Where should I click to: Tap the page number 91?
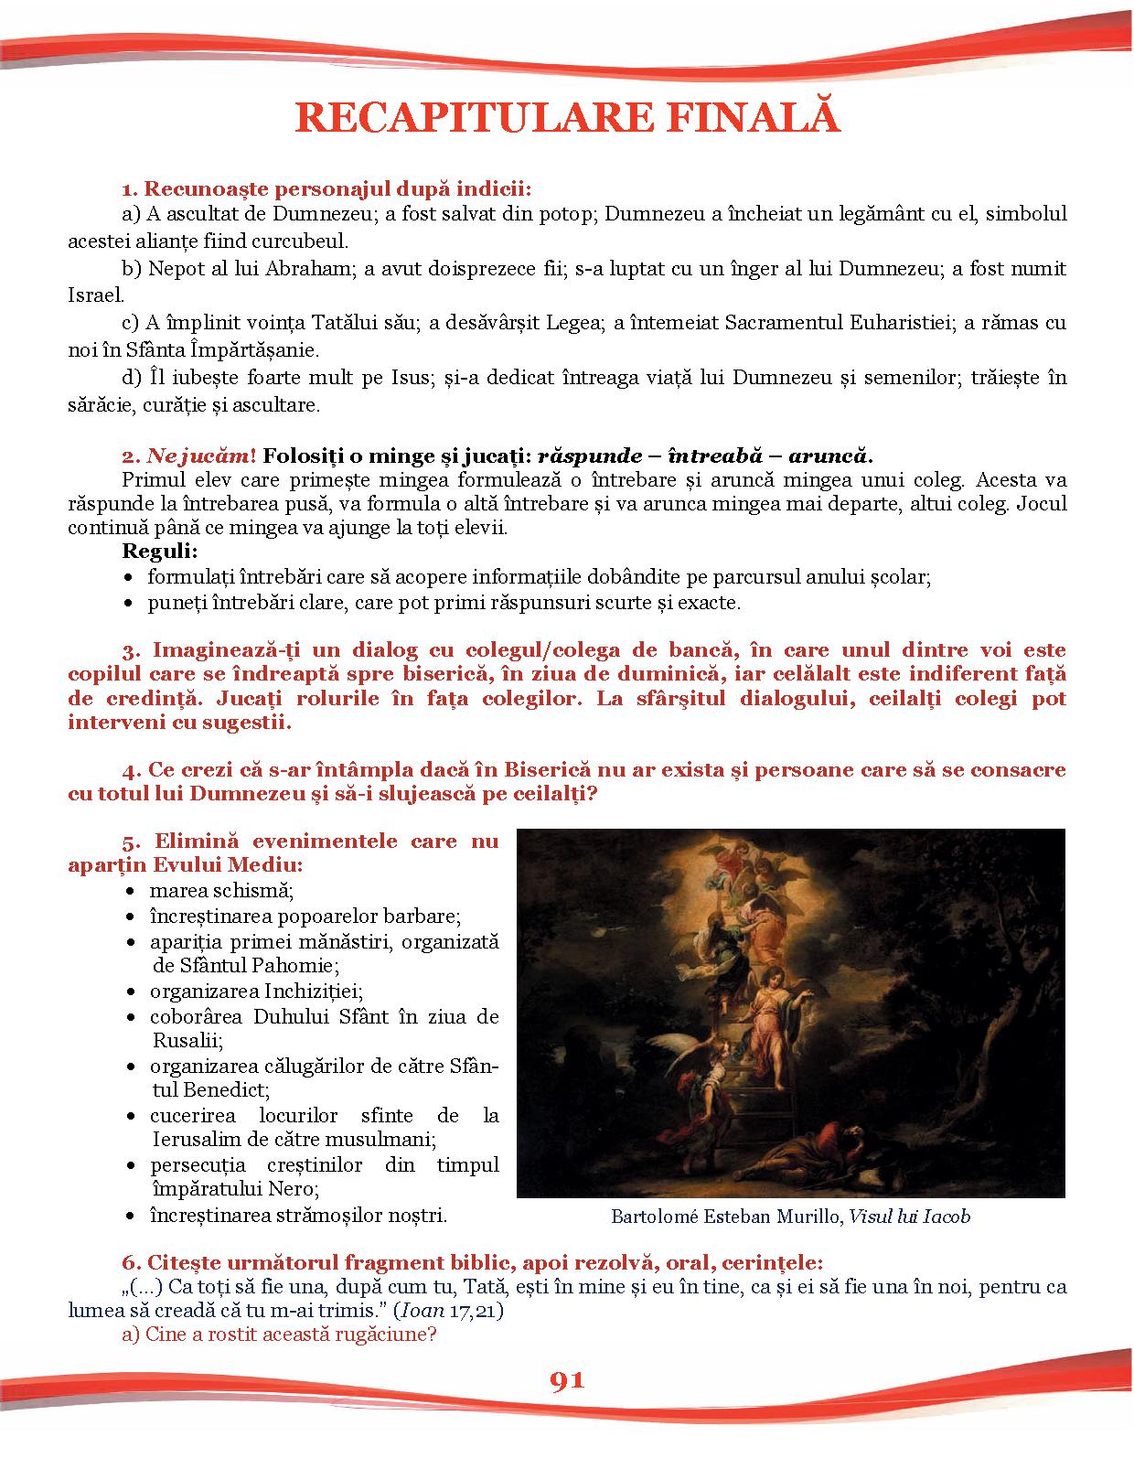[x=566, y=1380]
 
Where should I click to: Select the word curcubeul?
[x=305, y=241]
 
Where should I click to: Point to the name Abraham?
[x=307, y=269]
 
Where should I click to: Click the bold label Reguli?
[x=160, y=552]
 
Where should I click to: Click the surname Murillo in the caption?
[x=803, y=1217]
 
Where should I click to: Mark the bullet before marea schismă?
[x=133, y=891]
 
